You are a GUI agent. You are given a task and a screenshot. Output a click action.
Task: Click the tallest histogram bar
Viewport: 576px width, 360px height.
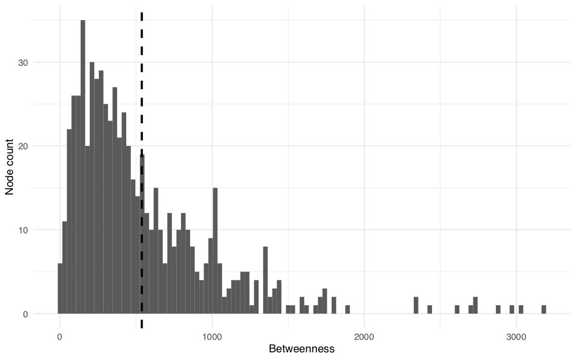83,167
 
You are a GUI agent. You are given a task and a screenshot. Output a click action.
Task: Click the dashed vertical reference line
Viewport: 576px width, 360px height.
142,170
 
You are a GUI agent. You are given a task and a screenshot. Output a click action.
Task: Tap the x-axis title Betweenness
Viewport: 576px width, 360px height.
301,349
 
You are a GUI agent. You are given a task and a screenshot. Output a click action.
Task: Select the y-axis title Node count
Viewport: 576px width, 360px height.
9,167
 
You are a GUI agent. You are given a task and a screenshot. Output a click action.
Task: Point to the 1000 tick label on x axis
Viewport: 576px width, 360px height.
212,337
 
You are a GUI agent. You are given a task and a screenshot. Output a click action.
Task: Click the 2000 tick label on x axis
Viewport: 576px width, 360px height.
364,337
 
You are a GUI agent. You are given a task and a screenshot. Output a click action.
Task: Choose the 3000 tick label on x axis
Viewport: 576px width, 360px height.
516,337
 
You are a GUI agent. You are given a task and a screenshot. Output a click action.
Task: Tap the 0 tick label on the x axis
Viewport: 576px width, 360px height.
60,337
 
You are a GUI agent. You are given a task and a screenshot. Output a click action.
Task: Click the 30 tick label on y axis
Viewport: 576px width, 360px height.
23,62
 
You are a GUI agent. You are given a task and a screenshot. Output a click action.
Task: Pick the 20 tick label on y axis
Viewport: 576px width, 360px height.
23,146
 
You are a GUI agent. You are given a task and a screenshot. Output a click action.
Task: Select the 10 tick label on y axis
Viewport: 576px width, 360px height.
23,230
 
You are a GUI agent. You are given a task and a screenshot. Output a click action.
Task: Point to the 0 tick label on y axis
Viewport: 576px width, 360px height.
25,314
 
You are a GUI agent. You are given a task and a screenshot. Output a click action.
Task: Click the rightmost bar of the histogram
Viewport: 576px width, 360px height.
543,310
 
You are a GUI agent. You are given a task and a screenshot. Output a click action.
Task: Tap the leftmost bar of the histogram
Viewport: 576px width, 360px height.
60,288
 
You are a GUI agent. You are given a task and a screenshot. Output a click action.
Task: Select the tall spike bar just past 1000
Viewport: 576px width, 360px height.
215,251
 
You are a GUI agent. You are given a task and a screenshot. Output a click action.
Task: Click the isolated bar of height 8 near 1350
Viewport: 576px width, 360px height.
265,280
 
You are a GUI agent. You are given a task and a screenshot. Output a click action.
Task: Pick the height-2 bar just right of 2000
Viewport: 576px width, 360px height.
416,305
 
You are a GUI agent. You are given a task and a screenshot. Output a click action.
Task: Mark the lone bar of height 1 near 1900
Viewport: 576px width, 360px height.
348,310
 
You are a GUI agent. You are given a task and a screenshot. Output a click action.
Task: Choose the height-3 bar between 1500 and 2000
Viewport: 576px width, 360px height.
325,301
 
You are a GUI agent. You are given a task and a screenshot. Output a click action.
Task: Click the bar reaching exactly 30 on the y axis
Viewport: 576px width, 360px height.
92,188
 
